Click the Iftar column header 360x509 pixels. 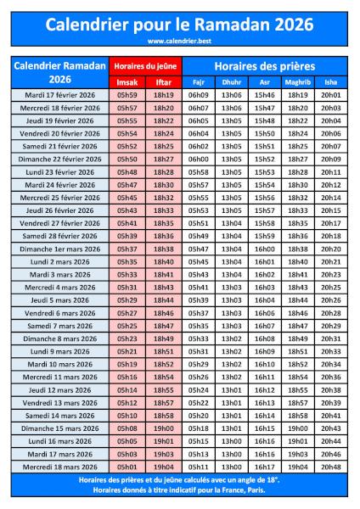click(x=164, y=82)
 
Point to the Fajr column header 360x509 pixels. click(x=199, y=82)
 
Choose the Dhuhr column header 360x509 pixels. click(x=231, y=82)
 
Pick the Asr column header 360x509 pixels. click(x=264, y=82)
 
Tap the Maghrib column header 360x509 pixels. click(x=297, y=82)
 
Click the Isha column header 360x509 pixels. click(x=331, y=82)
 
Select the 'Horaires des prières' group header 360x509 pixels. click(x=264, y=65)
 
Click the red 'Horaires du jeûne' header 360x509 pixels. click(x=145, y=66)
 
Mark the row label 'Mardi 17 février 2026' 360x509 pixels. click(x=61, y=95)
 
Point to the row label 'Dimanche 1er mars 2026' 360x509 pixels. click(x=61, y=249)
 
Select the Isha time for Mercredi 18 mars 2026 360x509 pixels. click(x=331, y=467)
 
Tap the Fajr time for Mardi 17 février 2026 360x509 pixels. click(x=199, y=95)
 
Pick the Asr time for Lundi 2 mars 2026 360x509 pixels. click(x=264, y=262)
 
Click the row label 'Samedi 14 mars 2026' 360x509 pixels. click(x=61, y=416)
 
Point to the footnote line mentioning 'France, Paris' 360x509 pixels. click(x=180, y=489)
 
